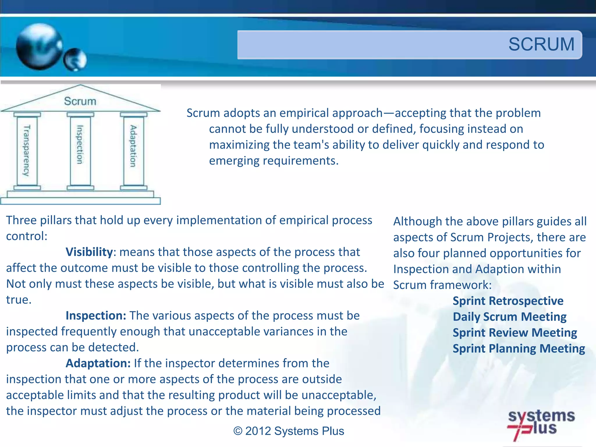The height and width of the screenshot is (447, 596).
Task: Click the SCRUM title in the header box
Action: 541,44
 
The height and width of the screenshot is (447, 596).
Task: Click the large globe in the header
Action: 39,47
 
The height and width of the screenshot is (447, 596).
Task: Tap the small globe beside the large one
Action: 75,60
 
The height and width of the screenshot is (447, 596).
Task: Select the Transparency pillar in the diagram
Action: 27,150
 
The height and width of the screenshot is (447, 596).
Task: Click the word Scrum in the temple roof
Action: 80,101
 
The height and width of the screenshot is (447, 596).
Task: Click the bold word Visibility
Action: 89,252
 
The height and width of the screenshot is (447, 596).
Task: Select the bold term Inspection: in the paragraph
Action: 96,316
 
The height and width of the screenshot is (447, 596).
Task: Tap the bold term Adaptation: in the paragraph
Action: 98,363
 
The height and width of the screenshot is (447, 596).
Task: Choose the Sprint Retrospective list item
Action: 508,301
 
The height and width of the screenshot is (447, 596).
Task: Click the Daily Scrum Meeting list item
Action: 509,317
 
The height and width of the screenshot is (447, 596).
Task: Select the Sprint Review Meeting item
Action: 515,333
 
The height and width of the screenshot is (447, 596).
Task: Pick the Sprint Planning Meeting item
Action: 519,349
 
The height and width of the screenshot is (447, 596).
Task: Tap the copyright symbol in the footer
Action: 238,431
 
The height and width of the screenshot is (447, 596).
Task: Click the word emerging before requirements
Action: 234,161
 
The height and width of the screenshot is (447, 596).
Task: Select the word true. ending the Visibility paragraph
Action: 19,300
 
